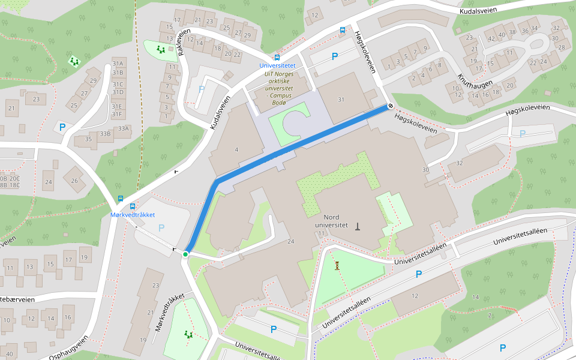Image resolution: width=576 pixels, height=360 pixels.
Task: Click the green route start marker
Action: click(185, 255)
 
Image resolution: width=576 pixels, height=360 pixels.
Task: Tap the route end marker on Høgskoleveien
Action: click(391, 106)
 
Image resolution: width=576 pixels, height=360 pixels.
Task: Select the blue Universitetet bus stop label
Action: click(277, 65)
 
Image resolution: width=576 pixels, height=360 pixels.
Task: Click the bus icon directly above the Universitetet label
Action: click(277, 58)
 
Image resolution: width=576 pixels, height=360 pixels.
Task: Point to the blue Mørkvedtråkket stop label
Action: click(133, 214)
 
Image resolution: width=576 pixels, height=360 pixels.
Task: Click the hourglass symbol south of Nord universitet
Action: click(337, 265)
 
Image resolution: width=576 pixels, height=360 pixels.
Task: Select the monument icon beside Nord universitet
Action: click(358, 226)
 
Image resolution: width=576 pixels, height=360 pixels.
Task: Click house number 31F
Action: click(117, 114)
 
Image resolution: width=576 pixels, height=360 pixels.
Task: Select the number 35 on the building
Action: click(88, 139)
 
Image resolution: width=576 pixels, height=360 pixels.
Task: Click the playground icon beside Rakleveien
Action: click(160, 49)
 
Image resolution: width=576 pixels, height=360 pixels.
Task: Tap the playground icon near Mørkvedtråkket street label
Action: click(189, 334)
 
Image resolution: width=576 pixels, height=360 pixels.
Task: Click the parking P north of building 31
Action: click(335, 57)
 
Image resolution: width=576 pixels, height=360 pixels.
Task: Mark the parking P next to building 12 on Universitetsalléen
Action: click(419, 274)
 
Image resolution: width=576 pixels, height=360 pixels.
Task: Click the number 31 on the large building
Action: click(341, 100)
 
